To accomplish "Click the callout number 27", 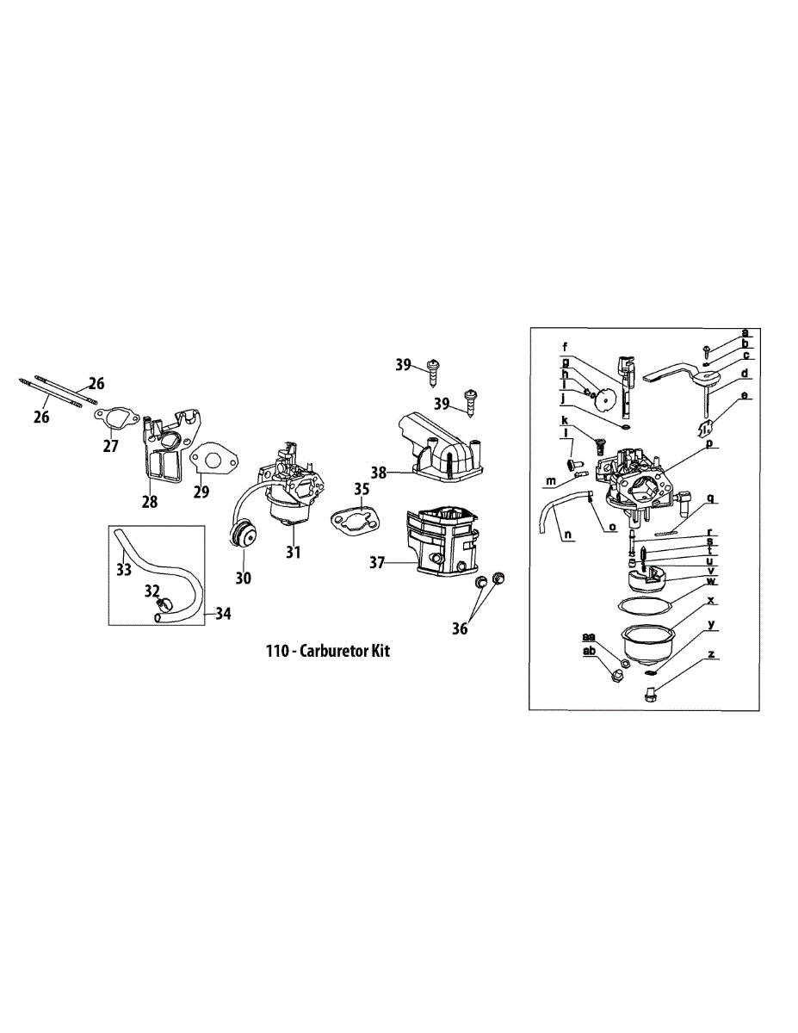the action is (x=111, y=446).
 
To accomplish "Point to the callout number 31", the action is (x=294, y=552).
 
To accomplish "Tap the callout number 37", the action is (x=376, y=563).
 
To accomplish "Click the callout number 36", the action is (x=461, y=629).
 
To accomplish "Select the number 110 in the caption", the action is (x=277, y=652).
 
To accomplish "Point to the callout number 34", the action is (x=223, y=614).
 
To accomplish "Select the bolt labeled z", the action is (x=649, y=694).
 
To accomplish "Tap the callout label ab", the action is (x=589, y=652).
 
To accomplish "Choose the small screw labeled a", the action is (x=706, y=351).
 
